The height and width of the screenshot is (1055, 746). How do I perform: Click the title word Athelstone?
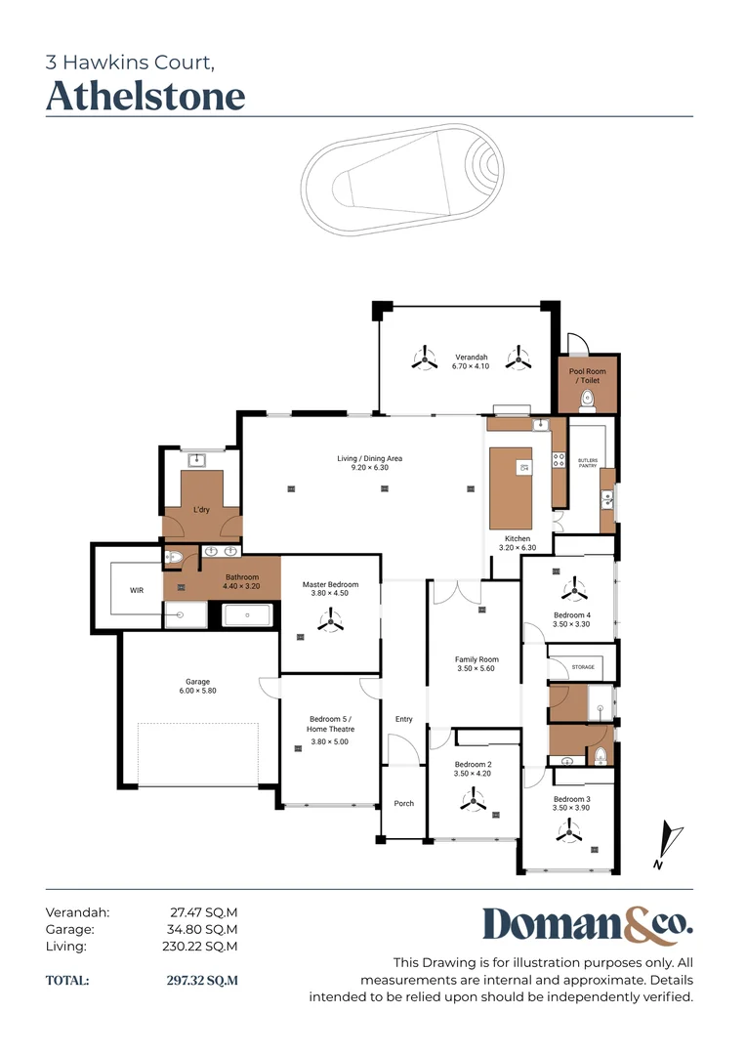click(145, 96)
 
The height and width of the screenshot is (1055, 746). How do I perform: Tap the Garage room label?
click(198, 682)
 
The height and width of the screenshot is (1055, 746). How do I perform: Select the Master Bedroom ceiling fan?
click(330, 619)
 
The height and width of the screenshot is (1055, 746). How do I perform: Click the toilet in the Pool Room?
click(587, 401)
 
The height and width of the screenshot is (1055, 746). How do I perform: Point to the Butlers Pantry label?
click(587, 463)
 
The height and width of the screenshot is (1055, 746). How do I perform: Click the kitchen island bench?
click(511, 488)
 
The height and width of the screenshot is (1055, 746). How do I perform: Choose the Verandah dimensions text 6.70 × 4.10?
click(471, 366)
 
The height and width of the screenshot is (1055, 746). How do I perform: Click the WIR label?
click(137, 590)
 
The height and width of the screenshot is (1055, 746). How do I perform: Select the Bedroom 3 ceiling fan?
click(569, 831)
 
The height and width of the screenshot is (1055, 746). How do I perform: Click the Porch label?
click(403, 803)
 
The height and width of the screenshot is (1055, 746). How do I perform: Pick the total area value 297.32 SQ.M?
click(202, 981)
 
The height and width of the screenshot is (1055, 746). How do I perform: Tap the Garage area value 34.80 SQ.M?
click(202, 929)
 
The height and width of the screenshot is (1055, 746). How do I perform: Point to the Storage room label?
click(583, 667)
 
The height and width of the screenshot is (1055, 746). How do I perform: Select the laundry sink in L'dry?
click(196, 461)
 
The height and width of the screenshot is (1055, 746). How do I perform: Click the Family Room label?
click(477, 659)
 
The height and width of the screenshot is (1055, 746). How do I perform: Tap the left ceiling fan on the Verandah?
click(425, 358)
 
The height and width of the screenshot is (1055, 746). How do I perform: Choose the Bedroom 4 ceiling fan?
click(574, 590)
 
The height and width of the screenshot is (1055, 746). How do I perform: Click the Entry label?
click(403, 719)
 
